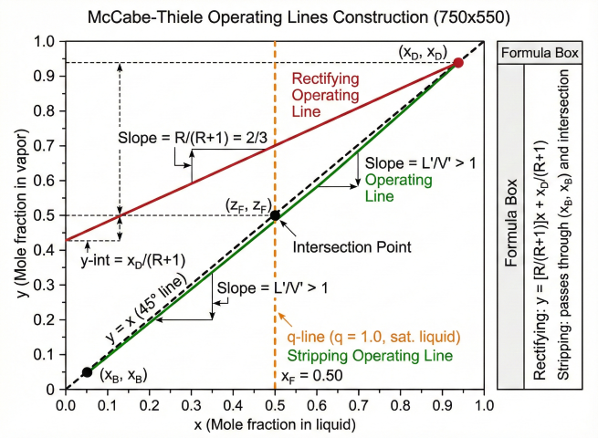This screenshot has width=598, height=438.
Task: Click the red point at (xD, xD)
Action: [x=458, y=63]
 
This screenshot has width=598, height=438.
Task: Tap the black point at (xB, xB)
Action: [x=87, y=371]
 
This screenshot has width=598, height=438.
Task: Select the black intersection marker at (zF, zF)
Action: [x=275, y=215]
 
